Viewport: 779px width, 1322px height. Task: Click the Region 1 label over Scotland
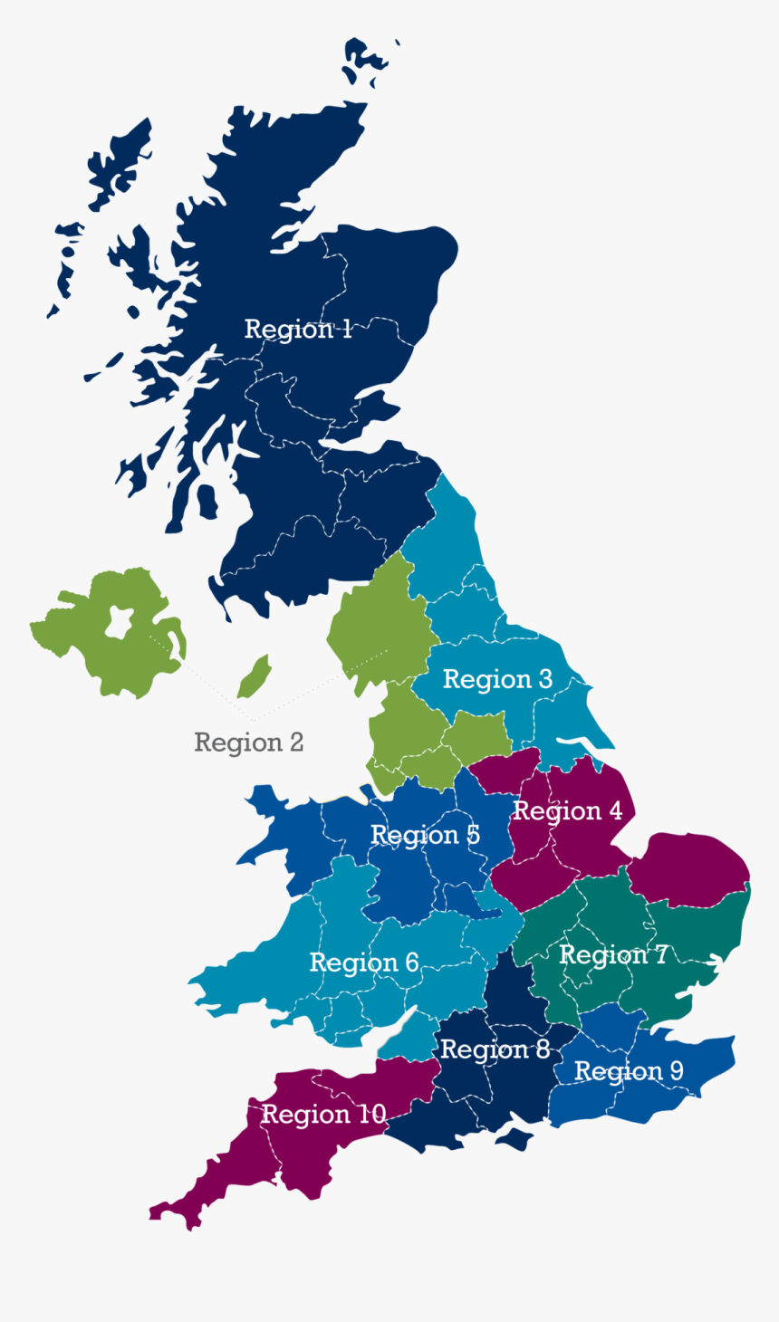(x=298, y=329)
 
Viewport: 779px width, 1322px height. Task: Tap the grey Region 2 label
(x=248, y=742)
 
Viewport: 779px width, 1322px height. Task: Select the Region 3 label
(x=497, y=679)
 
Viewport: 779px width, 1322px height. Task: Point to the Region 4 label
(x=568, y=811)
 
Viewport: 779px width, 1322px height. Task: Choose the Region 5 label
(x=425, y=835)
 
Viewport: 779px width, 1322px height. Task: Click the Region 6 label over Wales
(x=364, y=963)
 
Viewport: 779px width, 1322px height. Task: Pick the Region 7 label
(x=613, y=955)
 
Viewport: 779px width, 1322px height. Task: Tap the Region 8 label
(x=495, y=1049)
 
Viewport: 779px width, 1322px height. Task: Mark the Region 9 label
(x=629, y=1071)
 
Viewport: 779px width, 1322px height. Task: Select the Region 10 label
(x=323, y=1114)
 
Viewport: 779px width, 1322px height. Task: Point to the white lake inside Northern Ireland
(x=118, y=622)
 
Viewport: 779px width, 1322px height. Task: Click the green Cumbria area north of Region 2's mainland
(x=371, y=616)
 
